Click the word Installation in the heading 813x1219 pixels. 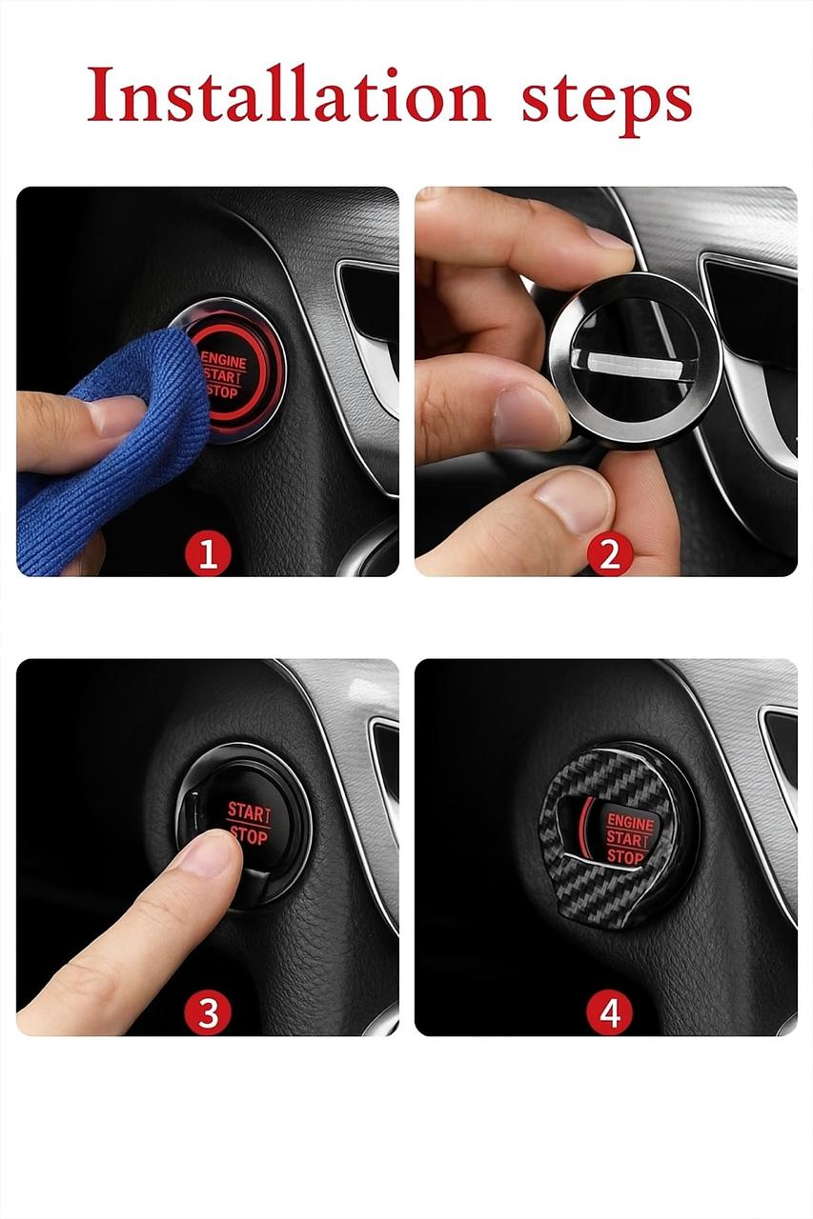289,94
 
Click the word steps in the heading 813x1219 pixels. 606,102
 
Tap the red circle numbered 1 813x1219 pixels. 208,554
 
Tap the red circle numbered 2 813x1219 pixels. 609,554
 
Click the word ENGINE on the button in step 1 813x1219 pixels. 224,360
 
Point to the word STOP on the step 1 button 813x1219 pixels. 223,390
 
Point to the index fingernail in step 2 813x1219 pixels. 608,238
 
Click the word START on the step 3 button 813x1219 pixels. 249,812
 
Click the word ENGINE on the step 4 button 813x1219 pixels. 630,822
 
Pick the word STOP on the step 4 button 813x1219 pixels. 625,857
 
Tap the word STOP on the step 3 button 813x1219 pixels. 249,835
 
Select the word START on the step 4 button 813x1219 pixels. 627,840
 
